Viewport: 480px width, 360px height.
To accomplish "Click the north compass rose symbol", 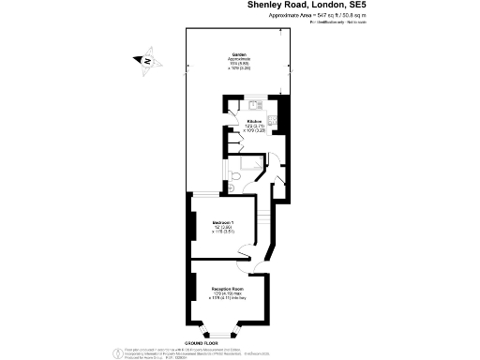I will click(x=146, y=62).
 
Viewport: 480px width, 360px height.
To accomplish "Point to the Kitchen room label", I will click(x=252, y=122).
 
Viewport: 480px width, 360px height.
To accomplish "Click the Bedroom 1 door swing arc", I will click(x=246, y=248).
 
